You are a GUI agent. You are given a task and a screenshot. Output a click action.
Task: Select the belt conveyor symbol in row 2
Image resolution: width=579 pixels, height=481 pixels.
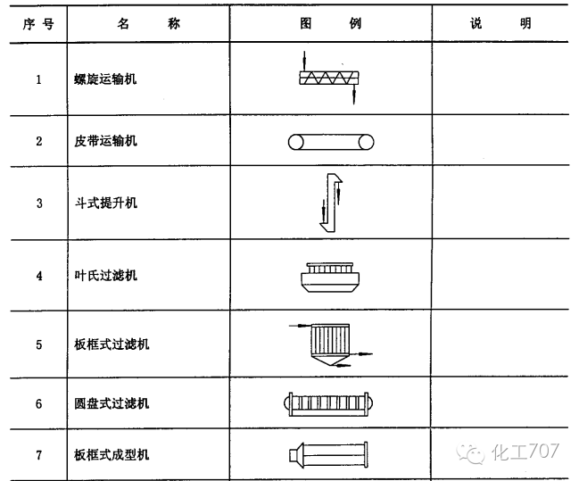330,141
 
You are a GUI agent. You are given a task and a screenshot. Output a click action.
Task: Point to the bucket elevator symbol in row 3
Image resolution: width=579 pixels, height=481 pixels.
330,202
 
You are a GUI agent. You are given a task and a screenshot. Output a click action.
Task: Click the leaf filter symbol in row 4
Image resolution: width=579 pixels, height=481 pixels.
329,277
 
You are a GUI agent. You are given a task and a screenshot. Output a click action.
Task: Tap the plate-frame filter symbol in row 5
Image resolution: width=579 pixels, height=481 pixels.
327,344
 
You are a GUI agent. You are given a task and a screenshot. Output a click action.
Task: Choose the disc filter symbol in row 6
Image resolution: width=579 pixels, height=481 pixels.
330,403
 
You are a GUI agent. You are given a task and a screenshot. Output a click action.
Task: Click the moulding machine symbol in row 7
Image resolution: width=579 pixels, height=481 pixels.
328,455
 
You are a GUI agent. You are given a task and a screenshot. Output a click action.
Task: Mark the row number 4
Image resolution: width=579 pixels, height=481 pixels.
38,276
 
